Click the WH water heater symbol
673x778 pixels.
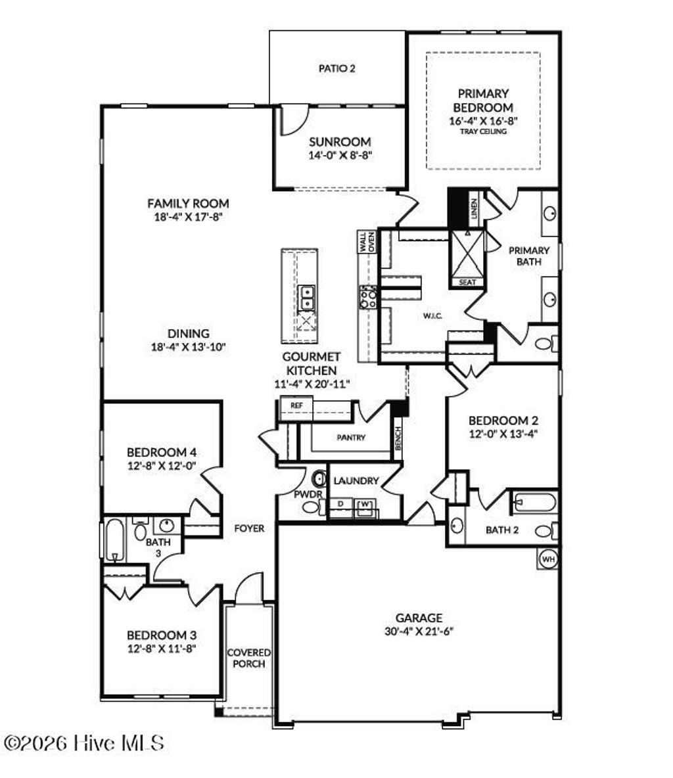tap(548, 559)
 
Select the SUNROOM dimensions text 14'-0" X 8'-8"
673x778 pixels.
tap(340, 156)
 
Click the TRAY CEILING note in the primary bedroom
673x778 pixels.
tap(483, 131)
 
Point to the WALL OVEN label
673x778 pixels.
tap(366, 242)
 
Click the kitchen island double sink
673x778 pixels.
tap(307, 298)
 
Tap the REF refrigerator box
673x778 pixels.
tap(296, 405)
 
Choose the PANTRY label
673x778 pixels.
tap(350, 438)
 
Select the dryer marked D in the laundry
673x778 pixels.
tap(340, 504)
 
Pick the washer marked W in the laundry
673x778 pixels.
tap(365, 505)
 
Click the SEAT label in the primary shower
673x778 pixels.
tap(467, 282)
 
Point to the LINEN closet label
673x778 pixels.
tap(475, 208)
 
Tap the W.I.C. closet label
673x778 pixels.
tap(431, 316)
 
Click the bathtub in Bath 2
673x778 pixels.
tap(534, 503)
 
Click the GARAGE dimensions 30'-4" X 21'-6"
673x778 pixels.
tap(419, 631)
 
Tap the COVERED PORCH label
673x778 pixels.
tap(248, 658)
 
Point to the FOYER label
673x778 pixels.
tap(250, 528)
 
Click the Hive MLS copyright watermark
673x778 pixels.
tap(83, 743)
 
